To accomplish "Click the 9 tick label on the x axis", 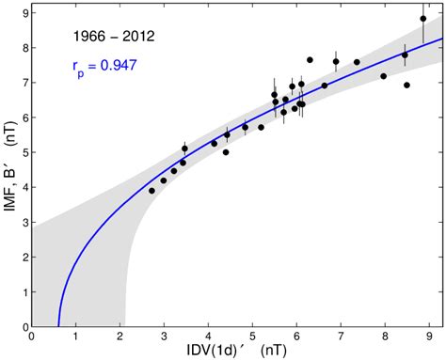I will [x=428, y=336].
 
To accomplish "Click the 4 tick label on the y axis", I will [x=22, y=187].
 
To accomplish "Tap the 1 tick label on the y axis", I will [x=22, y=291].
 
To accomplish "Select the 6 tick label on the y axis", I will [x=22, y=117].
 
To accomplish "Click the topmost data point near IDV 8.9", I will [x=423, y=19].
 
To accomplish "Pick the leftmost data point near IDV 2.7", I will [x=151, y=191].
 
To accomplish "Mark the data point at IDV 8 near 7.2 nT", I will [x=384, y=76].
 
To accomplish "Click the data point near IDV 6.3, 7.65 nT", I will [x=310, y=60].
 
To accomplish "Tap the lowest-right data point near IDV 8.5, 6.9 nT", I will [x=406, y=86].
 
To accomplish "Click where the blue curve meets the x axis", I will [x=58, y=325].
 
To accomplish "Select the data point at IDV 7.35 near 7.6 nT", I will [x=357, y=62].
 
